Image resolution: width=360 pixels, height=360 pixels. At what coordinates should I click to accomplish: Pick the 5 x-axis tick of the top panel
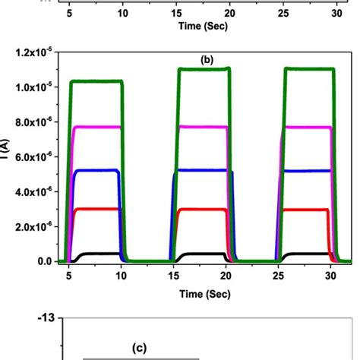69,11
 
